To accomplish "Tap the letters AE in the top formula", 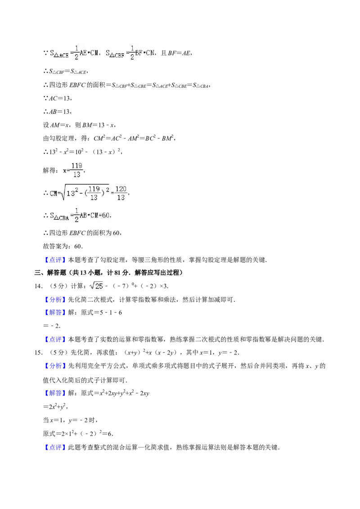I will click(x=83, y=53).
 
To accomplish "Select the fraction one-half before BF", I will click(x=132, y=53).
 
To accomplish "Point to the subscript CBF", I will click(x=118, y=56).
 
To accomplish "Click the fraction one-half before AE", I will click(x=76, y=53).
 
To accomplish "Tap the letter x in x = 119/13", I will click(x=65, y=170).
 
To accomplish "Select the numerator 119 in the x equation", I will click(x=76, y=165).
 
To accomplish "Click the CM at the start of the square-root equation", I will click(x=54, y=193).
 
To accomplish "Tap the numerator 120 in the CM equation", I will click(x=121, y=188).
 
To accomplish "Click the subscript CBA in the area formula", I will click(x=62, y=218).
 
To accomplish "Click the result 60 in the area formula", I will click(x=106, y=215).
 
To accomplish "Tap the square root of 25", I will click(x=96, y=286).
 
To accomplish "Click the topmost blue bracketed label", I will click(x=55, y=260).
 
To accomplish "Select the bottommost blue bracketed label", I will click(x=55, y=447).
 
